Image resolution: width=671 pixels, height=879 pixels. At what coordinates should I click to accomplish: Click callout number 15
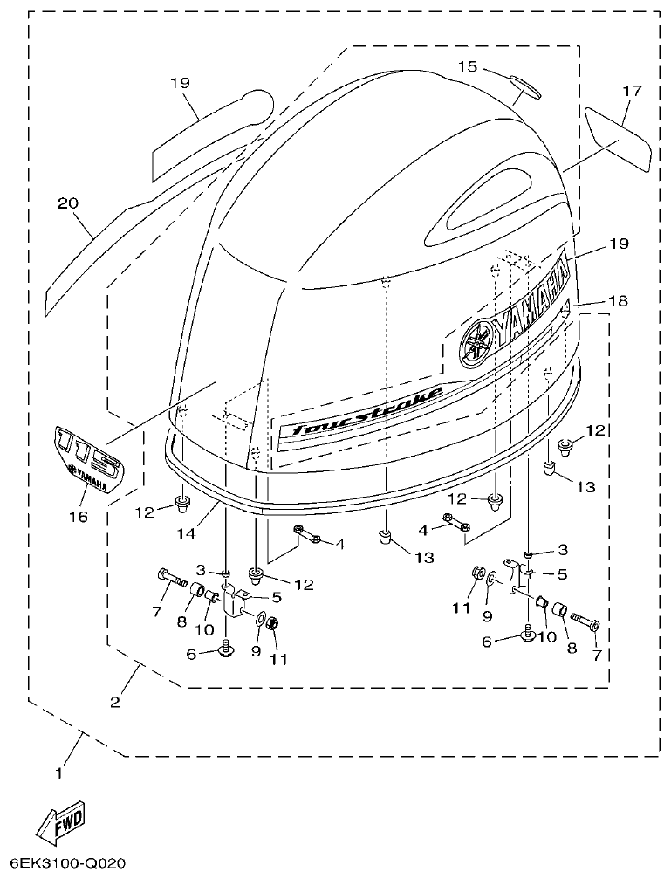(x=468, y=66)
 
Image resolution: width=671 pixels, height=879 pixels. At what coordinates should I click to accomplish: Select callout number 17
(x=632, y=90)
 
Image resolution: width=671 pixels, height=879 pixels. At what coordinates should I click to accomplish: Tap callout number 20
(x=68, y=203)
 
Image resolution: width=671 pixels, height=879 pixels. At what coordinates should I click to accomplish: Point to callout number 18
(x=618, y=300)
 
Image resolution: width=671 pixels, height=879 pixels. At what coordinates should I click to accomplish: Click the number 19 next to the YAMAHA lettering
(x=618, y=244)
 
